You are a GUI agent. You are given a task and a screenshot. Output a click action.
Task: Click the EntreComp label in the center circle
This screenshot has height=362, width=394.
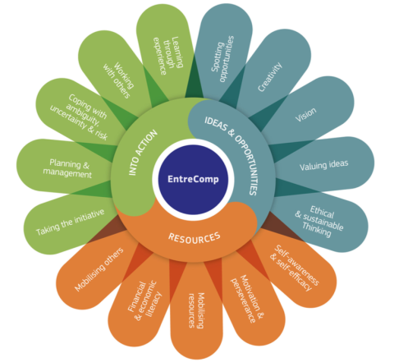click(x=193, y=179)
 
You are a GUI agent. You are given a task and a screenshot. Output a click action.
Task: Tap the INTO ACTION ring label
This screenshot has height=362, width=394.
click(x=143, y=153)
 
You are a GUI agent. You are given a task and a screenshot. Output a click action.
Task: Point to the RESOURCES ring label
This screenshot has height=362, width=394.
click(x=194, y=237)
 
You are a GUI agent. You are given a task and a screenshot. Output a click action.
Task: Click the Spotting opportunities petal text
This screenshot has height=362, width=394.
click(x=222, y=59)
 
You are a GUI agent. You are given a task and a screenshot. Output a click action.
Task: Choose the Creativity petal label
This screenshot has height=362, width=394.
click(x=270, y=76)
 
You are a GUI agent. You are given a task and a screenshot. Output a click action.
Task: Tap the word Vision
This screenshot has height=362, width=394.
click(x=306, y=114)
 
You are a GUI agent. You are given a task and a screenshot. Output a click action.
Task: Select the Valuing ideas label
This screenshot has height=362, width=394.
click(x=323, y=165)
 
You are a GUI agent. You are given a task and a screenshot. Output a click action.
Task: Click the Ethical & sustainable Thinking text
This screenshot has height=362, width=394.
click(x=319, y=222)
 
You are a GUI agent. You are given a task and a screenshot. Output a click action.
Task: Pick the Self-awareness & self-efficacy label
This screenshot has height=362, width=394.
click(x=294, y=268)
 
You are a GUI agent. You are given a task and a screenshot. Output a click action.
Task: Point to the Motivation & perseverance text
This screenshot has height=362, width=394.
click(x=247, y=299)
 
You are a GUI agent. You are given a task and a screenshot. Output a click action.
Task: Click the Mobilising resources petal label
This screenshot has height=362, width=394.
click(x=196, y=310)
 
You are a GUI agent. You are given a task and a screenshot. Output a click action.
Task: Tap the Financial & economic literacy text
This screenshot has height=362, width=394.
click(x=144, y=300)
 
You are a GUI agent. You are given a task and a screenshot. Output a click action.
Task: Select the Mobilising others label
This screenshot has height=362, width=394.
click(x=99, y=269)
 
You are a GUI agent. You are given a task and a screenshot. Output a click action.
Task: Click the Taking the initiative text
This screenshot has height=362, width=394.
click(x=70, y=222)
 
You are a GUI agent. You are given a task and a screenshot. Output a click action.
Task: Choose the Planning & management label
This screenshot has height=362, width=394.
click(x=67, y=168)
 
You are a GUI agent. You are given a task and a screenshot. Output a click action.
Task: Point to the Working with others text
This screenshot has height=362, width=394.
click(x=118, y=80)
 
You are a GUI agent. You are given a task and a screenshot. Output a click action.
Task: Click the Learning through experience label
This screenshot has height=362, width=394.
click(x=167, y=56)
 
